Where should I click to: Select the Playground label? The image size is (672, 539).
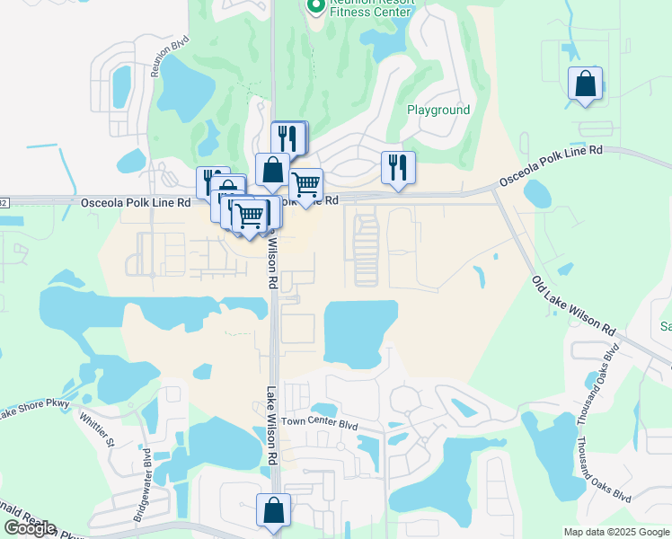tap(438, 110)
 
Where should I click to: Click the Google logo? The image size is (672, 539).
tap(30, 528)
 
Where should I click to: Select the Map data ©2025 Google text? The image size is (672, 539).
tap(615, 532)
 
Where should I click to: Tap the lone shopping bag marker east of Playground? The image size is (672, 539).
tap(586, 84)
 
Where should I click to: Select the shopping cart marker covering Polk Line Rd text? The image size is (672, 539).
tap(306, 185)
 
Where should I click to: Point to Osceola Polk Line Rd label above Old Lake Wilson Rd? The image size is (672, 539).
tap(557, 169)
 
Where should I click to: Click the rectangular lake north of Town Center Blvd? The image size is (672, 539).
tap(359, 332)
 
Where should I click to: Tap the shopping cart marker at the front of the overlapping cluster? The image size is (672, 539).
tap(249, 216)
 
